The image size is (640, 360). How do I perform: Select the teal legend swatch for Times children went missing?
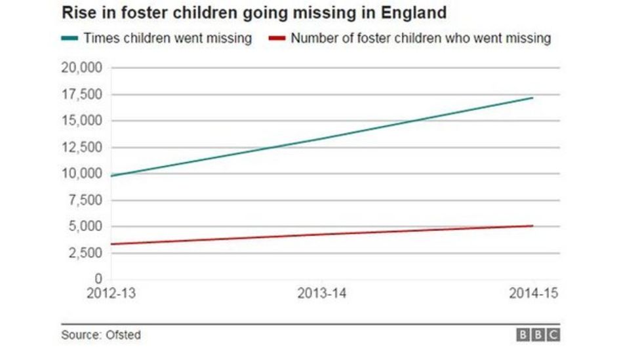[71, 39]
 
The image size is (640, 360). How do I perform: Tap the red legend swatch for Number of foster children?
[279, 39]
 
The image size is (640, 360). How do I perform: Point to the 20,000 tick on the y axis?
[81, 68]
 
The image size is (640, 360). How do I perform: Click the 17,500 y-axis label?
[81, 94]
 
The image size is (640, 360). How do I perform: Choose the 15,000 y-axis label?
[81, 121]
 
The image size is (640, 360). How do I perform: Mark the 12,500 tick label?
[81, 148]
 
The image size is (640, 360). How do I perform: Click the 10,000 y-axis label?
[81, 174]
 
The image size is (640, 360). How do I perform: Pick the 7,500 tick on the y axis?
[85, 200]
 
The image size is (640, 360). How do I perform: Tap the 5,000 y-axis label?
[85, 226]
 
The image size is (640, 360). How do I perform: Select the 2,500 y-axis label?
[85, 253]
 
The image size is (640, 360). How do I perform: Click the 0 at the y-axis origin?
[98, 279]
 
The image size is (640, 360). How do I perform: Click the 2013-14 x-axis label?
[321, 294]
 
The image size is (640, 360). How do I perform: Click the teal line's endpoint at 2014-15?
[532, 98]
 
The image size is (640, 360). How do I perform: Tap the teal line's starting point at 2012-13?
[111, 176]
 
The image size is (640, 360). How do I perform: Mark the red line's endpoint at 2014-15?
[532, 226]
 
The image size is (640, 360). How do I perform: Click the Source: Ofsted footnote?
[101, 335]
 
